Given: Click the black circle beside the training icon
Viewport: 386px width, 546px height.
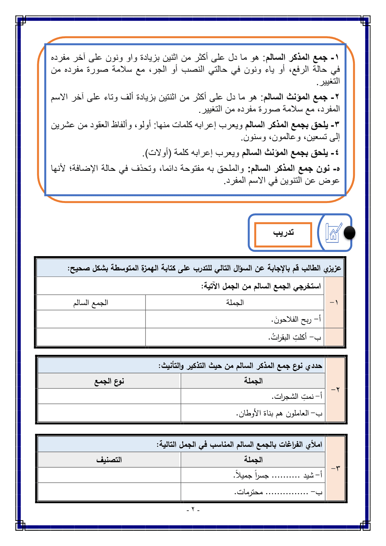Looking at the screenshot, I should [349, 232].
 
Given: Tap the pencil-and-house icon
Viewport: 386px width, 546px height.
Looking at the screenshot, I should [333, 232].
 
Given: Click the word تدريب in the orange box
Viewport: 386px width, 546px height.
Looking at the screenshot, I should [283, 233].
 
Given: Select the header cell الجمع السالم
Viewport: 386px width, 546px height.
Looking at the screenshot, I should [91, 303].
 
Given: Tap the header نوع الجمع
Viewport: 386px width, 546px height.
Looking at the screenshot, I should [109, 381].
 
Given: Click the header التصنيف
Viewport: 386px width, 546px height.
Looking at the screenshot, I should [109, 460].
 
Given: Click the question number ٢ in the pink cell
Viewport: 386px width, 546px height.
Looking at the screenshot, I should [335, 389].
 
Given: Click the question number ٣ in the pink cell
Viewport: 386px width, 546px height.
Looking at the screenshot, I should [335, 468].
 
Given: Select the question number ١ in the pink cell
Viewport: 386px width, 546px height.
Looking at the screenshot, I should [334, 302].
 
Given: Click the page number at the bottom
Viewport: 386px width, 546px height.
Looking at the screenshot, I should [193, 510].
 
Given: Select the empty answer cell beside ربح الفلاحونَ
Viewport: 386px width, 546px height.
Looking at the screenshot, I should [91, 319].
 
